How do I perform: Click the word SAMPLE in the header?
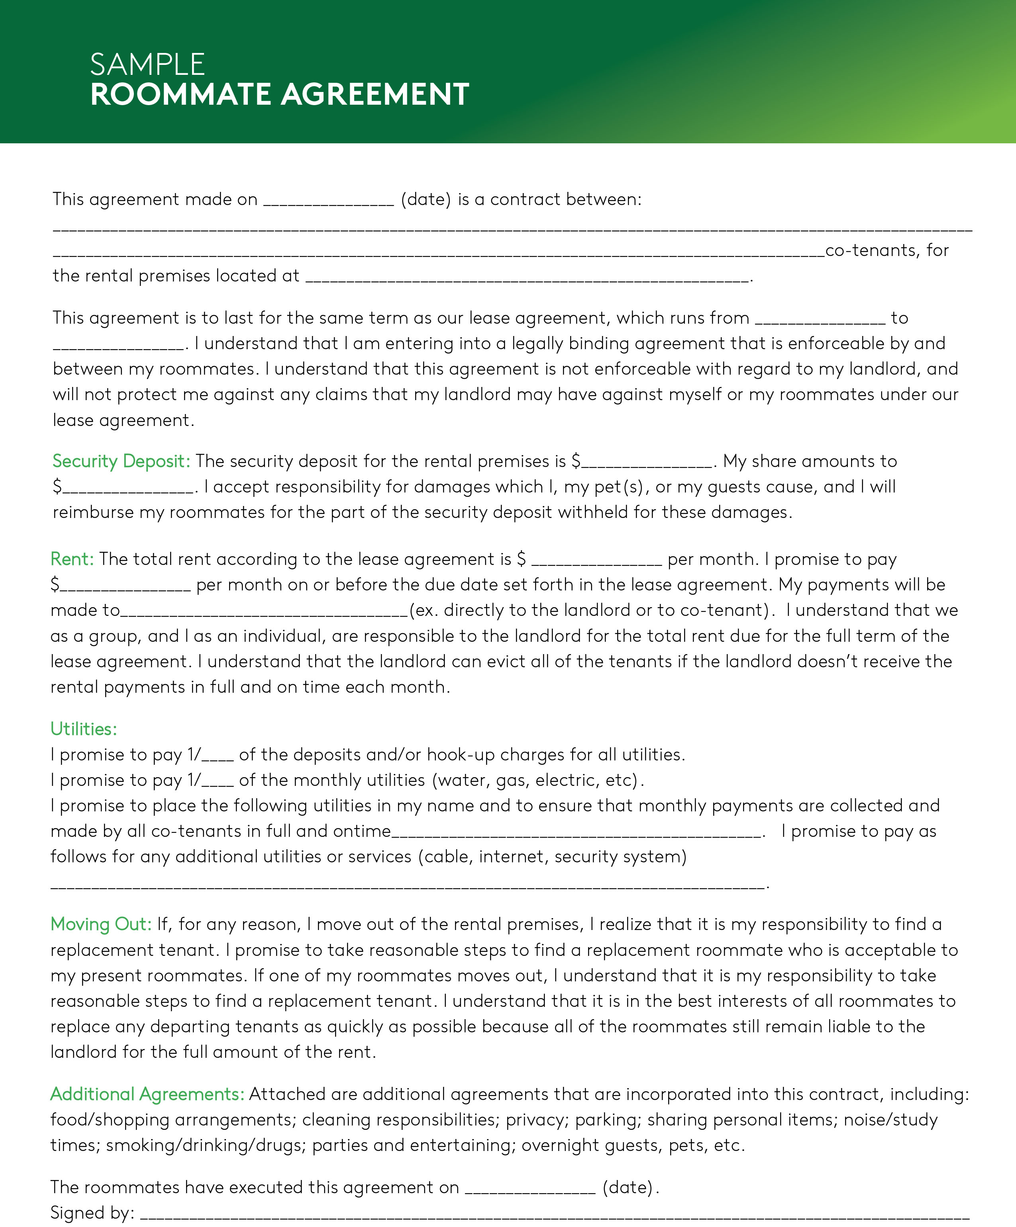tap(147, 64)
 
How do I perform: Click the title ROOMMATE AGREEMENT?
tap(279, 95)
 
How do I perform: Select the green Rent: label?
tap(72, 559)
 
